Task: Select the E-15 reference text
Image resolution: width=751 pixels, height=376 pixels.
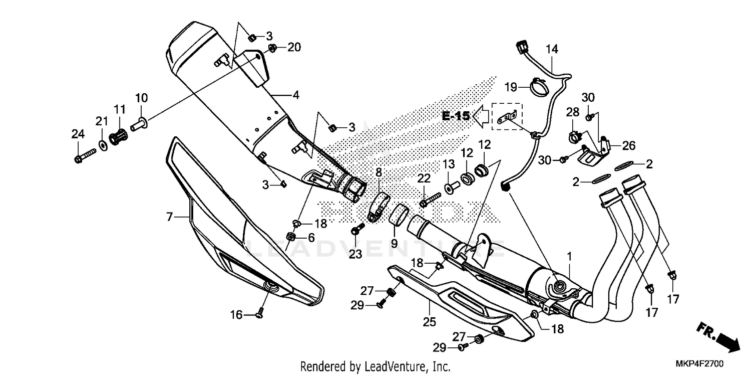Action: [456, 116]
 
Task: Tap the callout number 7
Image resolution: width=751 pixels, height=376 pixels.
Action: [170, 217]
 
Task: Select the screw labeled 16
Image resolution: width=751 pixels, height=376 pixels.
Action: [260, 314]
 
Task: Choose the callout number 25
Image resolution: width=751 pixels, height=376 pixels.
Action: [430, 322]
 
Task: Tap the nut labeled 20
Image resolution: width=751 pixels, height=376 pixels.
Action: [273, 48]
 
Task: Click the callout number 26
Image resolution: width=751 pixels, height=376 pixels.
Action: [629, 146]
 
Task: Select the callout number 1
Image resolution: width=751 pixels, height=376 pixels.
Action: [569, 256]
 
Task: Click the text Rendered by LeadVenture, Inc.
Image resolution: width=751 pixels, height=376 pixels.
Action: [375, 366]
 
